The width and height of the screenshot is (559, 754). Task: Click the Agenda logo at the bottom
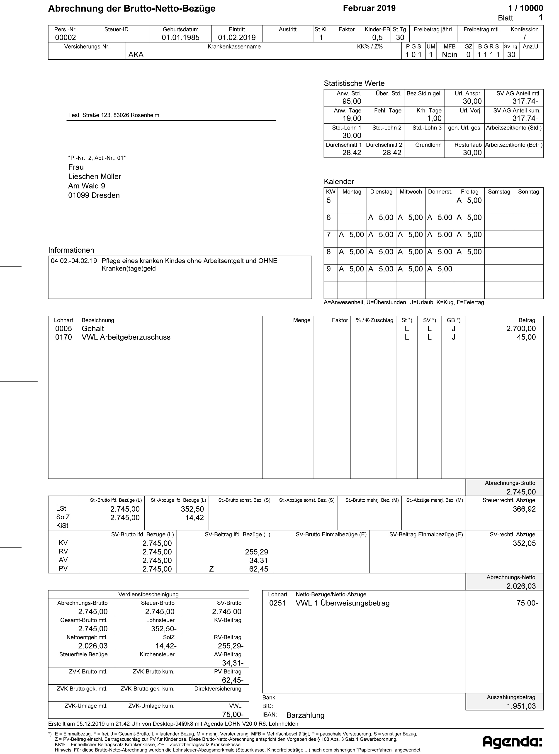point(512,742)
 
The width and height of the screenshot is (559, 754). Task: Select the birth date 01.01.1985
point(180,38)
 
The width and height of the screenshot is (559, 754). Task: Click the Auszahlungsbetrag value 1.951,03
point(521,706)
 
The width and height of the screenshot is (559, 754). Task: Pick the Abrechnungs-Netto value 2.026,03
point(521,586)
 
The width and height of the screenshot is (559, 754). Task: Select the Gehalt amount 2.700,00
point(521,329)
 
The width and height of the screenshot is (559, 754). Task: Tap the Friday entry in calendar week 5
point(469,201)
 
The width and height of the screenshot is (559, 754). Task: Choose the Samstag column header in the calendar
point(499,192)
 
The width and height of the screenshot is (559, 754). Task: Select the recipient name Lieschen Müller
point(95,177)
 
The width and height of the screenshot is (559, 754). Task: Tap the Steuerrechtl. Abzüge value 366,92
point(524,509)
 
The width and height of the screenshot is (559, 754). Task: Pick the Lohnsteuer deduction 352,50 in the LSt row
point(192,509)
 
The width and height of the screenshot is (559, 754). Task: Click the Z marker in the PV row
point(211,569)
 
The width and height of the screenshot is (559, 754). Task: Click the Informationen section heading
point(71,250)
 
